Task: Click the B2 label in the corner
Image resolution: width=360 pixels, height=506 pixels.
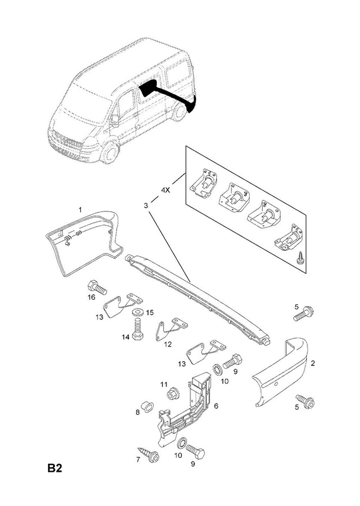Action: pyautogui.click(x=54, y=468)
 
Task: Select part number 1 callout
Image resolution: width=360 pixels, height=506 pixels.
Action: pyautogui.click(x=80, y=210)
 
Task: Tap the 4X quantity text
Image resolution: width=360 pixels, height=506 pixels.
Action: pyautogui.click(x=165, y=190)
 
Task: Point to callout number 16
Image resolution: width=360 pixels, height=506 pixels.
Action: pyautogui.click(x=92, y=297)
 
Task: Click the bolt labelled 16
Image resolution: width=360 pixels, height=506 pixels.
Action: pyautogui.click(x=97, y=287)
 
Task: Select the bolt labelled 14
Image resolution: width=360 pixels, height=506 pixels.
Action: pyautogui.click(x=137, y=330)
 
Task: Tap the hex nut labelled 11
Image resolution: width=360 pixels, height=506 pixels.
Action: pyautogui.click(x=171, y=394)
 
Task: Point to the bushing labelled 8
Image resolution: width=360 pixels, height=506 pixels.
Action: pyautogui.click(x=147, y=407)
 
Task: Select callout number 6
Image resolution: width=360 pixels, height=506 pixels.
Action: pyautogui.click(x=216, y=405)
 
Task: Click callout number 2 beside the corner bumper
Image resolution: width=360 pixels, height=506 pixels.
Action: pyautogui.click(x=313, y=363)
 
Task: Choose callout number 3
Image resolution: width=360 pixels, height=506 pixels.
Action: pyautogui.click(x=146, y=205)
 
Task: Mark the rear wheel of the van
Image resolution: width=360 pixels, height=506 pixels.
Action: pyautogui.click(x=178, y=113)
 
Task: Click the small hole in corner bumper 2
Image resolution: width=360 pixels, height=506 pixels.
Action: pyautogui.click(x=276, y=384)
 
